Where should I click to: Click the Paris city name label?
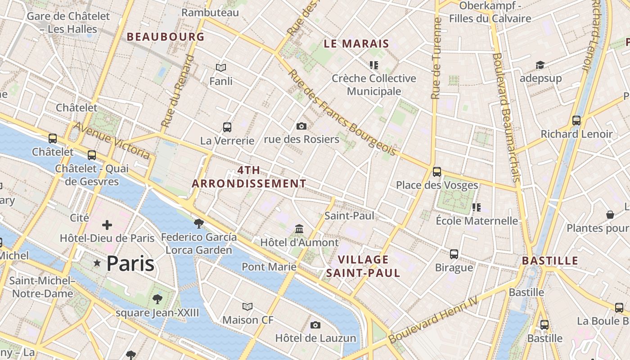[x=130, y=264]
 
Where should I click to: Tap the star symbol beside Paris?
[x=97, y=263]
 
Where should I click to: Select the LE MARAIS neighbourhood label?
[x=356, y=44]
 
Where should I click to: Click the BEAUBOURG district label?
[x=166, y=37]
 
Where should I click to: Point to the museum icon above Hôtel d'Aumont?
[x=299, y=229]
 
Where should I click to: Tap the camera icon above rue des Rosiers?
[x=301, y=126]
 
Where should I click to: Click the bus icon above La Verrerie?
[x=227, y=127]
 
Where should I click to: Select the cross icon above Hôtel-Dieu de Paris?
[x=107, y=225]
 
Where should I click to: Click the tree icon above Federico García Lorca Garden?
[x=198, y=224]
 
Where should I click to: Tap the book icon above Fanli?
[x=221, y=68]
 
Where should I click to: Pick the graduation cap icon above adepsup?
[x=540, y=65]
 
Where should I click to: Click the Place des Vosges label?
[x=436, y=185]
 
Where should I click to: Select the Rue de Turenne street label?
[x=436, y=58]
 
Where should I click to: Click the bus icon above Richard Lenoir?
[x=576, y=121]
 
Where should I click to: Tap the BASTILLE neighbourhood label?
[x=550, y=261]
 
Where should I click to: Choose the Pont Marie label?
[x=269, y=267]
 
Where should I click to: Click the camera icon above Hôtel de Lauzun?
[x=315, y=325]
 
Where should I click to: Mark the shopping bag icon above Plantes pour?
[x=610, y=215]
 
